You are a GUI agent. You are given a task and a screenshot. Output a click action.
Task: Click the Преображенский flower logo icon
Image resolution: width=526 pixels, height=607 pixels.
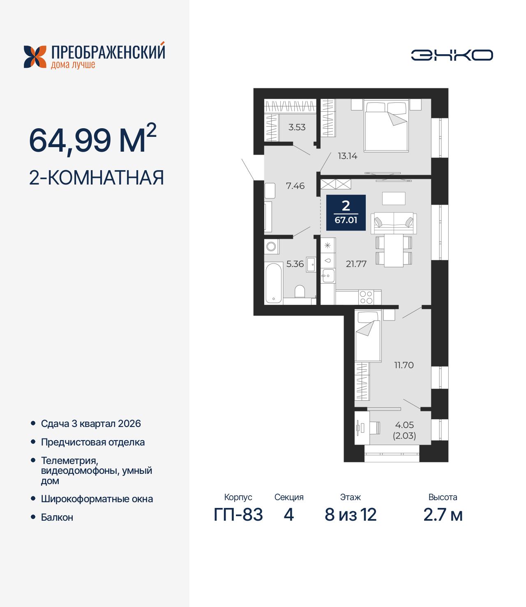(35, 57)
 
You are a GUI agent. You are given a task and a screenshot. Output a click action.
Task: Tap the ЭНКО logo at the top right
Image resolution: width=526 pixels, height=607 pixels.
(452, 55)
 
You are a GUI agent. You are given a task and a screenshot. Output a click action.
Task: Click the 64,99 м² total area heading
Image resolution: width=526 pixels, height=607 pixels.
(92, 140)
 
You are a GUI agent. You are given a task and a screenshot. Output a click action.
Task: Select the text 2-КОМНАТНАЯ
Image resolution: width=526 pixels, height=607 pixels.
(97, 178)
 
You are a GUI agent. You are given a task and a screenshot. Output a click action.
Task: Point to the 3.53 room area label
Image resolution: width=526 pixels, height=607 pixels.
(297, 127)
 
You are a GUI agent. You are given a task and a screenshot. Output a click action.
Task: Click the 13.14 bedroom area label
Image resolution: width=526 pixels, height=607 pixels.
(347, 156)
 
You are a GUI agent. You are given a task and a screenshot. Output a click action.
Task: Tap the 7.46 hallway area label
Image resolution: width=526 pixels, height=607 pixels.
(295, 186)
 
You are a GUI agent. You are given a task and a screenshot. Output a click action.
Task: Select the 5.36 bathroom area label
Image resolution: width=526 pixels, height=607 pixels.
(295, 264)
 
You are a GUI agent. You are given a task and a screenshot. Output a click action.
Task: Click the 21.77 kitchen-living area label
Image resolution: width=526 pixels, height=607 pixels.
(356, 264)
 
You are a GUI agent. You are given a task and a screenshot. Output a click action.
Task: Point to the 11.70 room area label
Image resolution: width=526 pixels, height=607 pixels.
(404, 365)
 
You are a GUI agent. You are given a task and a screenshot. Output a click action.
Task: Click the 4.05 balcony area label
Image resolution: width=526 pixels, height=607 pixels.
(404, 425)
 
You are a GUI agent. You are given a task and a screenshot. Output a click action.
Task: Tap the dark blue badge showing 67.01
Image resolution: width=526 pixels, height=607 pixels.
(346, 212)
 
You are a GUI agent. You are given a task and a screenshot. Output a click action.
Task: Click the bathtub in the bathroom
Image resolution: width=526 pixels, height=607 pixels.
(273, 283)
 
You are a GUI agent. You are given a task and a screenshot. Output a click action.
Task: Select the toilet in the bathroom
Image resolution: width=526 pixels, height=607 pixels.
(300, 291)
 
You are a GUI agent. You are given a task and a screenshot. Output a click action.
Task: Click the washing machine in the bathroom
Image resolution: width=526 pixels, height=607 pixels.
(271, 247)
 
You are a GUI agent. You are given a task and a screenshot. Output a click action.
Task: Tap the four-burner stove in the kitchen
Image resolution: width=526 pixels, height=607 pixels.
(366, 297)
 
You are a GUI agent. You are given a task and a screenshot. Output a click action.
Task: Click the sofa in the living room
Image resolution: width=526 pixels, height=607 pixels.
(394, 223)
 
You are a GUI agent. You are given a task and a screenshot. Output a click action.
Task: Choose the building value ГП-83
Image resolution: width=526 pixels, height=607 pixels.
(238, 515)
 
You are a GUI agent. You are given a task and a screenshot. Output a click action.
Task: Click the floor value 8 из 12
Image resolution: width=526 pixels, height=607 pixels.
(350, 515)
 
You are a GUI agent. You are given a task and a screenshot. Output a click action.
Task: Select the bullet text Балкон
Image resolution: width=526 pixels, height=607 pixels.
(57, 517)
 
